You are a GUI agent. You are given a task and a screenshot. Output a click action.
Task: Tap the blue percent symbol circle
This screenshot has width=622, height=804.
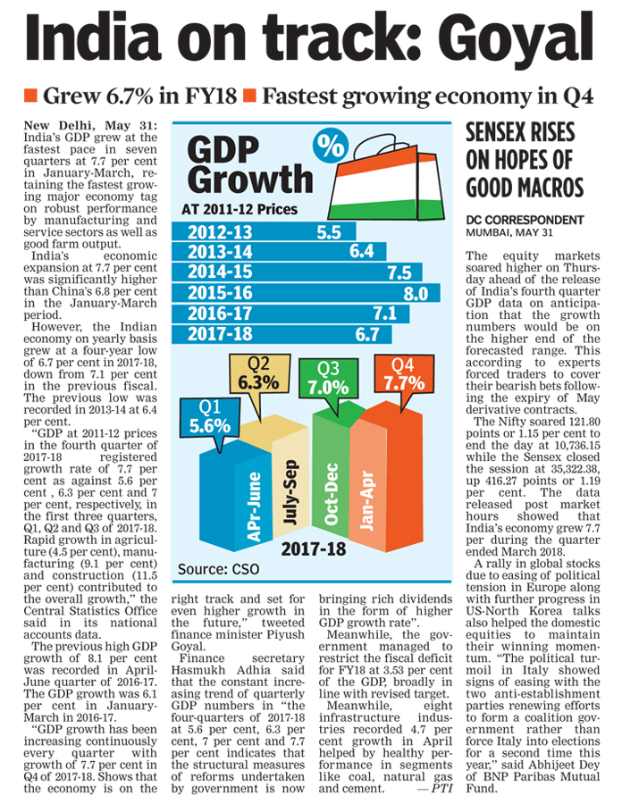[331, 146]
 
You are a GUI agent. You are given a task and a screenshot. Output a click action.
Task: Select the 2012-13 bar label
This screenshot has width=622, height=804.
[219, 232]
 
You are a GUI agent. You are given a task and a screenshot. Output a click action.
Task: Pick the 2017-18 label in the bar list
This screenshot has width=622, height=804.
[219, 334]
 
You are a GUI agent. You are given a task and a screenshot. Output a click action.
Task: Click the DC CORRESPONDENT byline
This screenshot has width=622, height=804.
[525, 220]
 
